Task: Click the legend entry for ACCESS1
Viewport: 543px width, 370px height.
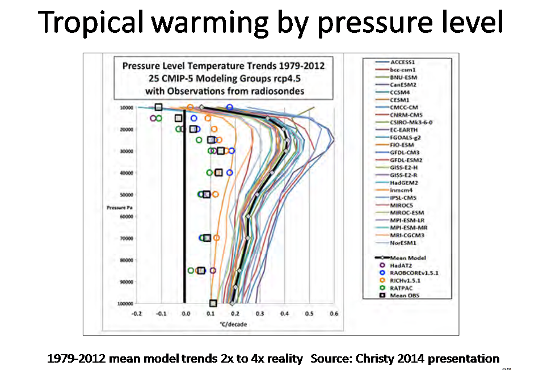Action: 405,61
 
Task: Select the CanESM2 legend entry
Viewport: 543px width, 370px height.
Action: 404,84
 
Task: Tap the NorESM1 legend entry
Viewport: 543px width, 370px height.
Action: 403,243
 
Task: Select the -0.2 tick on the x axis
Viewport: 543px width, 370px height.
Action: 136,313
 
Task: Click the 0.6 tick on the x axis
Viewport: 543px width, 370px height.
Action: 334,313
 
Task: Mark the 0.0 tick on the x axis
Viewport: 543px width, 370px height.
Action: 185,313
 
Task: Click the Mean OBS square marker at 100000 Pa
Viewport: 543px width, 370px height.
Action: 213,304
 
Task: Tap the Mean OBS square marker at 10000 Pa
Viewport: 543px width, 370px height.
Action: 159,107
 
